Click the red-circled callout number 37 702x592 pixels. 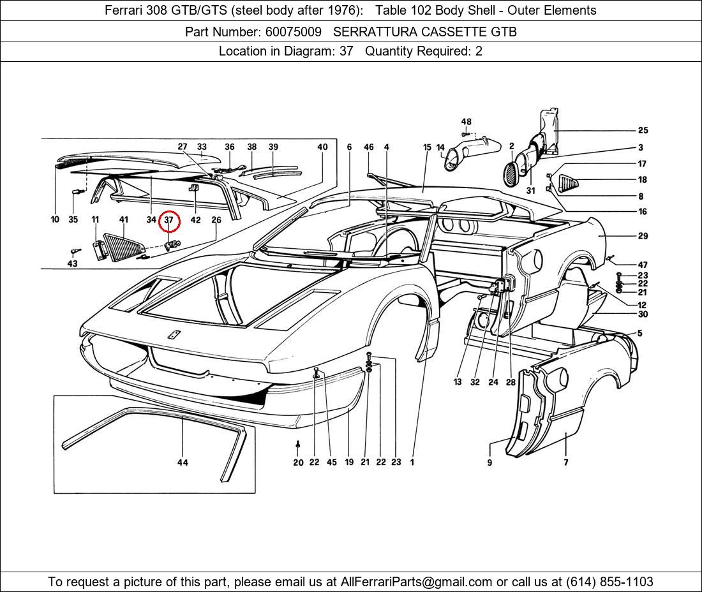click(169, 220)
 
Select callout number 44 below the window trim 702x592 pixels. click(183, 463)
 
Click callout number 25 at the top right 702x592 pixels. click(643, 130)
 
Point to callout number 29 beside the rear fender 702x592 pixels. click(643, 236)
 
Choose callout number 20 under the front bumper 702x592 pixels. click(298, 463)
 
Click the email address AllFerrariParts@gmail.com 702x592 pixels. click(416, 582)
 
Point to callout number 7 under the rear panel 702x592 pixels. click(566, 463)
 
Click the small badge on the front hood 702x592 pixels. click(173, 335)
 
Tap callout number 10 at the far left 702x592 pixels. click(55, 220)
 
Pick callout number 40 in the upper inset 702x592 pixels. click(322, 147)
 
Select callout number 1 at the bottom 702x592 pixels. click(412, 463)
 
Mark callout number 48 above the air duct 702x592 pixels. click(467, 122)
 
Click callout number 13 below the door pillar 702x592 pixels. click(458, 382)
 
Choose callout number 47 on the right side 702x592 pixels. click(643, 265)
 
